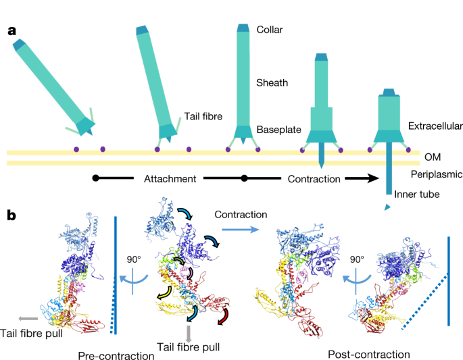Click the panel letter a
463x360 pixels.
click(12, 31)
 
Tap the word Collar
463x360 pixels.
click(269, 30)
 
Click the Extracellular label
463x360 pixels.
click(435, 126)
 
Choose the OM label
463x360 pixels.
click(433, 157)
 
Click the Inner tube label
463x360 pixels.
click(417, 195)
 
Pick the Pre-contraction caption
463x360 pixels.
click(116, 355)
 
